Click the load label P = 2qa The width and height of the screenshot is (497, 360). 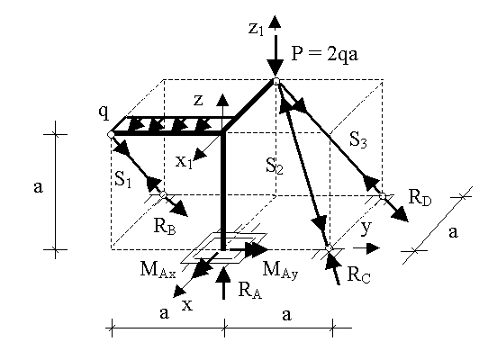point(324,54)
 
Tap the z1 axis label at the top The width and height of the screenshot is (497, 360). point(256,30)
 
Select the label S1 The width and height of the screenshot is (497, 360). point(123,179)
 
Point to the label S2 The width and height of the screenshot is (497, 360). point(275,166)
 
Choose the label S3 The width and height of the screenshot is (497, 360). point(358,139)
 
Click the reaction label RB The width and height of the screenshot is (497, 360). point(165,226)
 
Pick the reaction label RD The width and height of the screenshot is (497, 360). point(420,198)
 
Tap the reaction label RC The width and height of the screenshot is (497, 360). point(359,274)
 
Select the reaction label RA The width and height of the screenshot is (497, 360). point(250,290)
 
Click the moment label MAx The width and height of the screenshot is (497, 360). point(158,270)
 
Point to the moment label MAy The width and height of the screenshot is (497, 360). point(281,270)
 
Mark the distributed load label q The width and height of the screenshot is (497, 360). point(104,112)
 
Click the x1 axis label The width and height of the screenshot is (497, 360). point(185,162)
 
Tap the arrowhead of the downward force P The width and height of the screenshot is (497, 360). point(275,67)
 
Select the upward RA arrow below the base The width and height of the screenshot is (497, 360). point(224,283)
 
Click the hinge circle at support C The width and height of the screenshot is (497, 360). point(329,247)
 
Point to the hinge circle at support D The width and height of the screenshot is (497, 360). point(383,196)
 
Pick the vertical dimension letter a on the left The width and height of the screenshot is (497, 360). point(38,187)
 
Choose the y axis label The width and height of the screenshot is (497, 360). point(366,228)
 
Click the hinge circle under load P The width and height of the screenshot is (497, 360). point(276,81)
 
